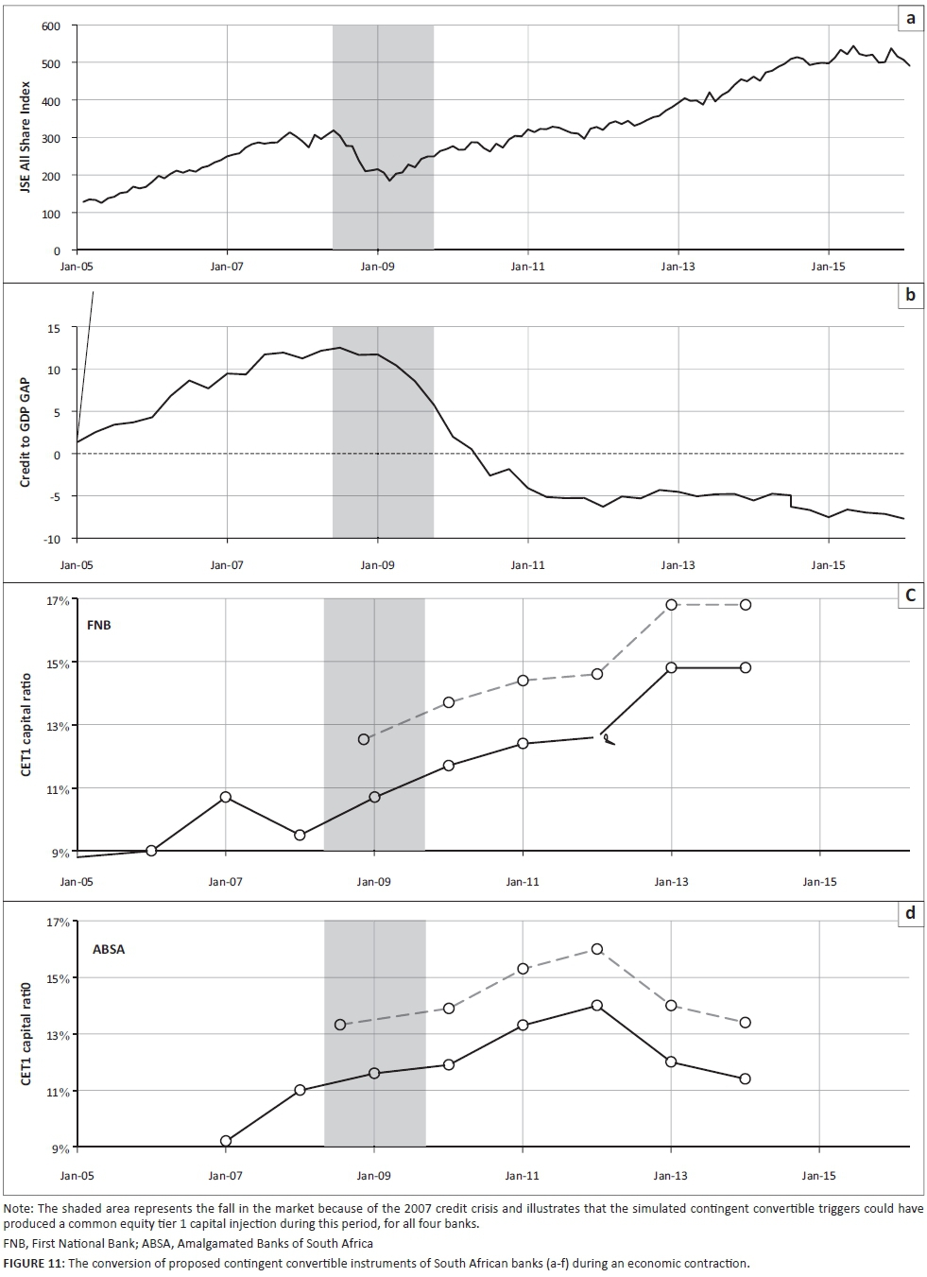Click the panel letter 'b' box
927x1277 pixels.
(910, 294)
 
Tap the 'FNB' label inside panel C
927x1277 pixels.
(98, 625)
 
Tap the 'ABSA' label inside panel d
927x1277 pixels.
(109, 949)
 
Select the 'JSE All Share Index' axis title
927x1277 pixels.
(26, 139)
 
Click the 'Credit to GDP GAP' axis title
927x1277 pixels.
(26, 432)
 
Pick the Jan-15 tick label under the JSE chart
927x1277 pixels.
(828, 267)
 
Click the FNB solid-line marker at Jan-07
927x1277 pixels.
(226, 797)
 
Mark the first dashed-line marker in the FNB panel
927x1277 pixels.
(364, 739)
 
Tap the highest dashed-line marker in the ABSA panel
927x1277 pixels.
(597, 949)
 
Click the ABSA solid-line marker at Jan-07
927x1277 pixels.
(226, 1141)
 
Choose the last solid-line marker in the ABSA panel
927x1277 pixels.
(746, 1079)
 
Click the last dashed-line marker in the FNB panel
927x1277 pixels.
(746, 605)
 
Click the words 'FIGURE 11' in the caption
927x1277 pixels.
(30, 1263)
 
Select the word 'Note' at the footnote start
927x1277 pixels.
(17, 1209)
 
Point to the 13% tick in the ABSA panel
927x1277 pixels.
(59, 1035)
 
